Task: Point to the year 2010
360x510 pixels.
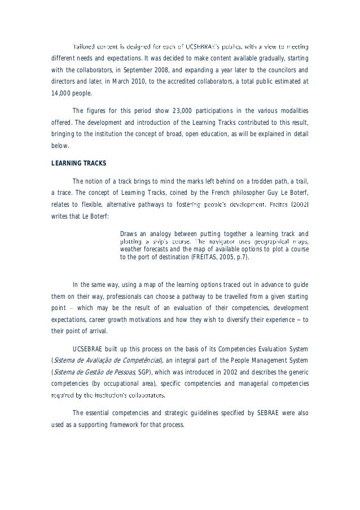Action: (139, 82)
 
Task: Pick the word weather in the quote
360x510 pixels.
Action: (133, 249)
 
